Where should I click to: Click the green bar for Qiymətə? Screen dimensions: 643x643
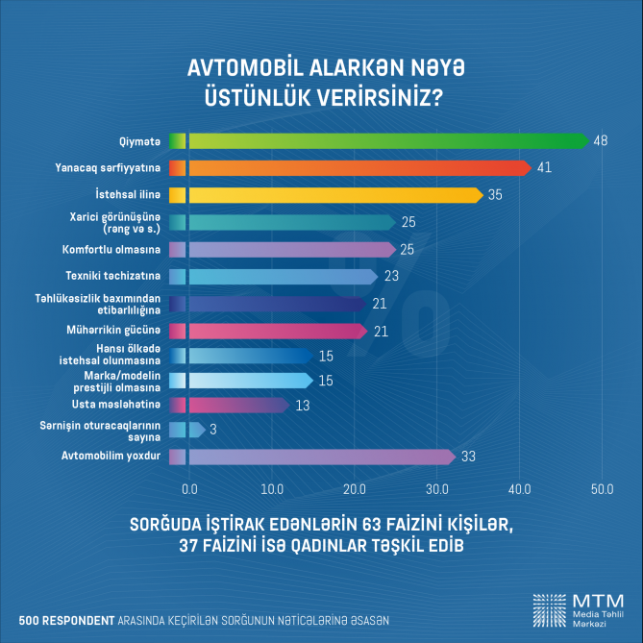384,141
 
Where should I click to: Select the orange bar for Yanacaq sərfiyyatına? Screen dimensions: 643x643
356,168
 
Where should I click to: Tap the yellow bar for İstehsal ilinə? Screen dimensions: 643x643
332,195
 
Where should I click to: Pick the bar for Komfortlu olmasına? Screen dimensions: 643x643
288,250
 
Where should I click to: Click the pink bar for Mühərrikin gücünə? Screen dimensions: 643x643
274,331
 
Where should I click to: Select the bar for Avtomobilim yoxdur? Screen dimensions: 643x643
317,457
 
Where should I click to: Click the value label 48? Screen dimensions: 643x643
601,141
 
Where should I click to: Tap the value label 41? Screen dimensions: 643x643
544,168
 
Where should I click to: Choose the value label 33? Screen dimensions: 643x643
469,457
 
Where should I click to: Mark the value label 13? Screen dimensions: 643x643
302,406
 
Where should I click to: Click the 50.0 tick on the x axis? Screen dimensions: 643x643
602,488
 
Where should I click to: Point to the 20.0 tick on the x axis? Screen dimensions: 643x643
354,488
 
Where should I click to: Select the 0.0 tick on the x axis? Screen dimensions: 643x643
189,488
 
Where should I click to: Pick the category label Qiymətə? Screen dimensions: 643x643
139,141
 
